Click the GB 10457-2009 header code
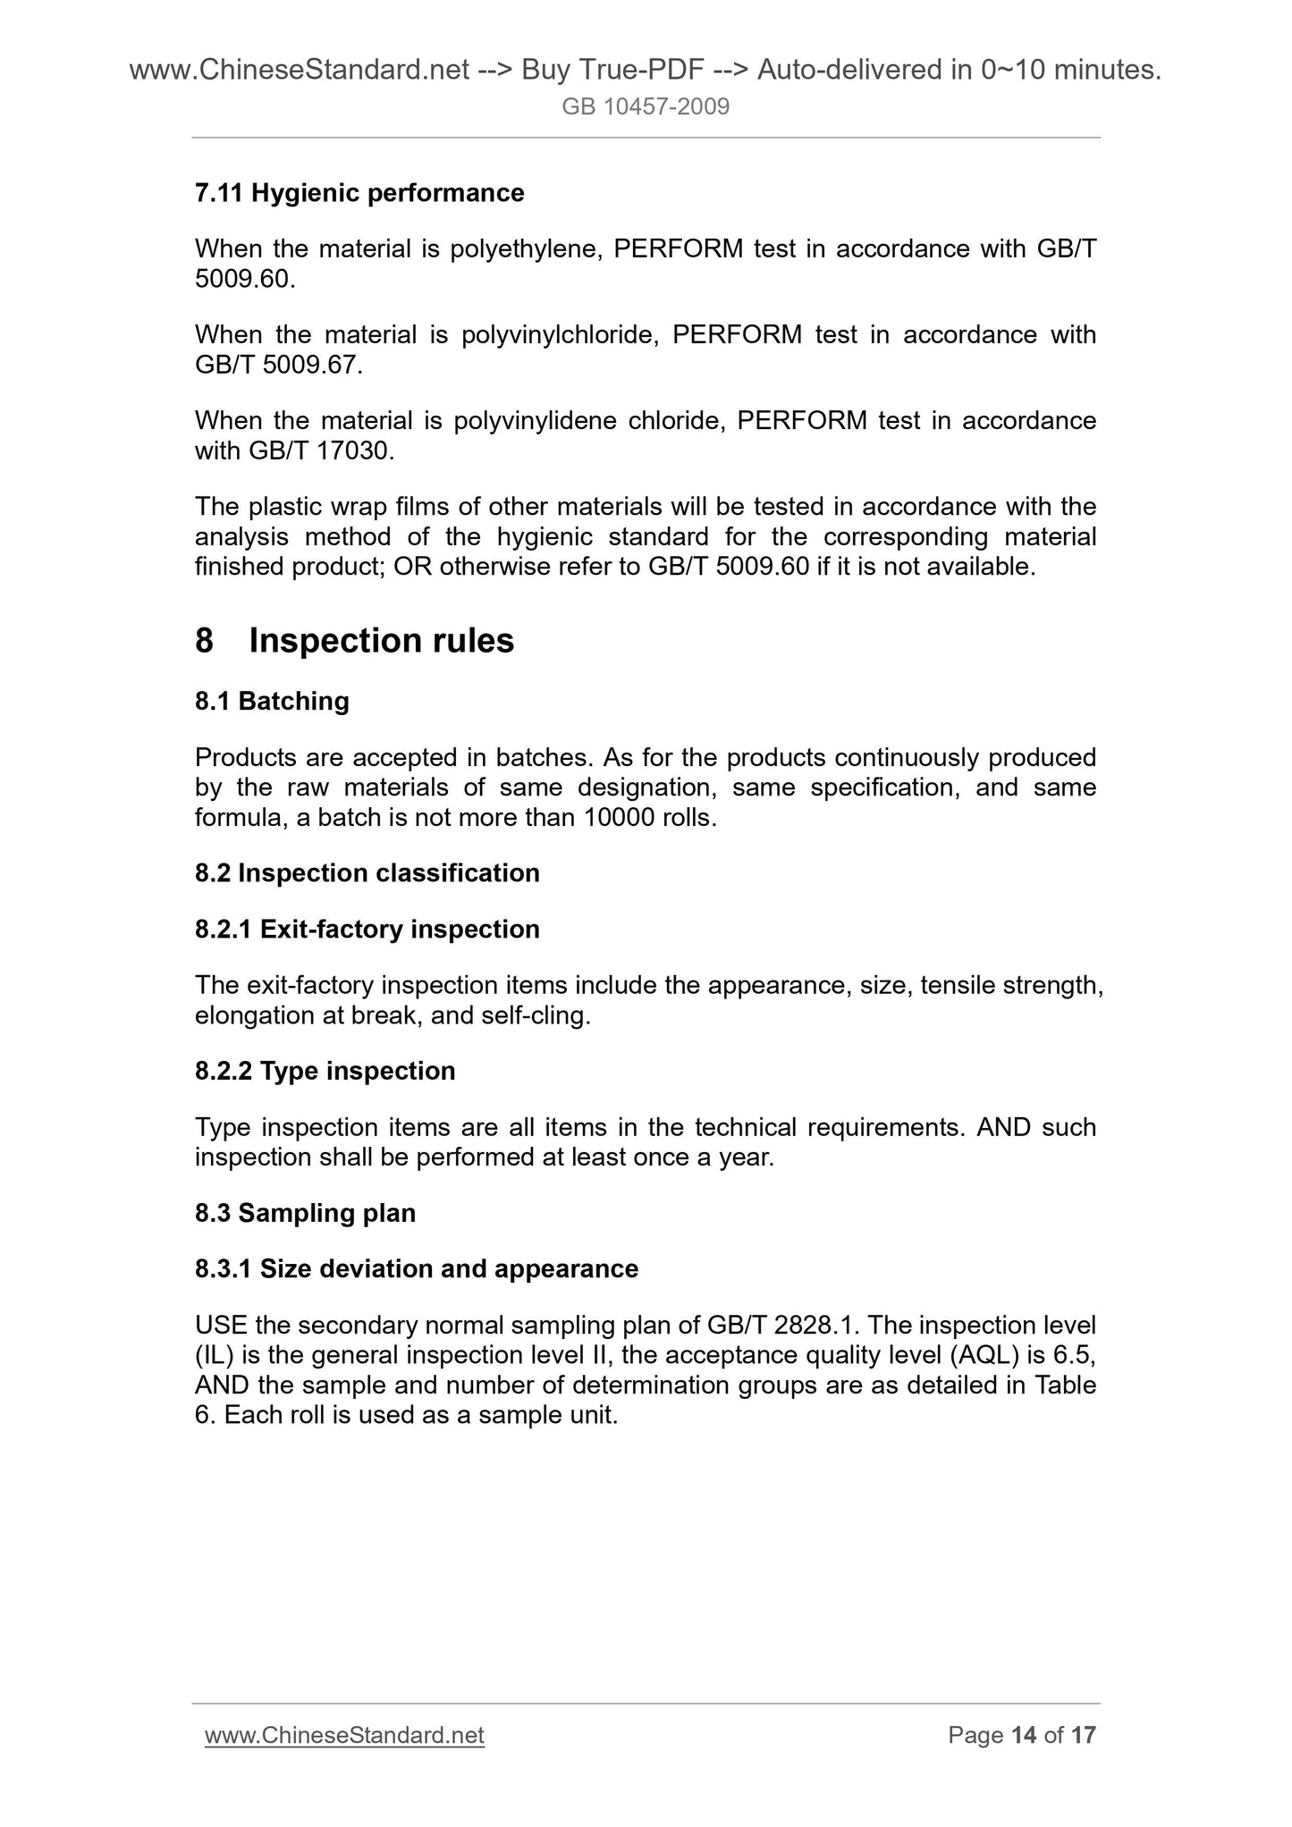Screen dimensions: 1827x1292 (x=646, y=107)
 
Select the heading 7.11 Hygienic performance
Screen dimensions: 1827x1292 (x=359, y=192)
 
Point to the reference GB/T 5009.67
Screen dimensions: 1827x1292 (x=277, y=365)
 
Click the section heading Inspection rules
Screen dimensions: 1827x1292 (x=381, y=641)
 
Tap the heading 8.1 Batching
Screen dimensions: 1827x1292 (x=272, y=701)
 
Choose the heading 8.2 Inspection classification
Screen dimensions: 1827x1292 (x=367, y=872)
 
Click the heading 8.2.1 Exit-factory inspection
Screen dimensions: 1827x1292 (x=367, y=929)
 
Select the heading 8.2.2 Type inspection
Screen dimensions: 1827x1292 (x=325, y=1070)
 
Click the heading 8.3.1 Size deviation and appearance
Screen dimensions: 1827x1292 (x=417, y=1268)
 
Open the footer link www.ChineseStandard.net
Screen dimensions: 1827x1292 (x=344, y=1735)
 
